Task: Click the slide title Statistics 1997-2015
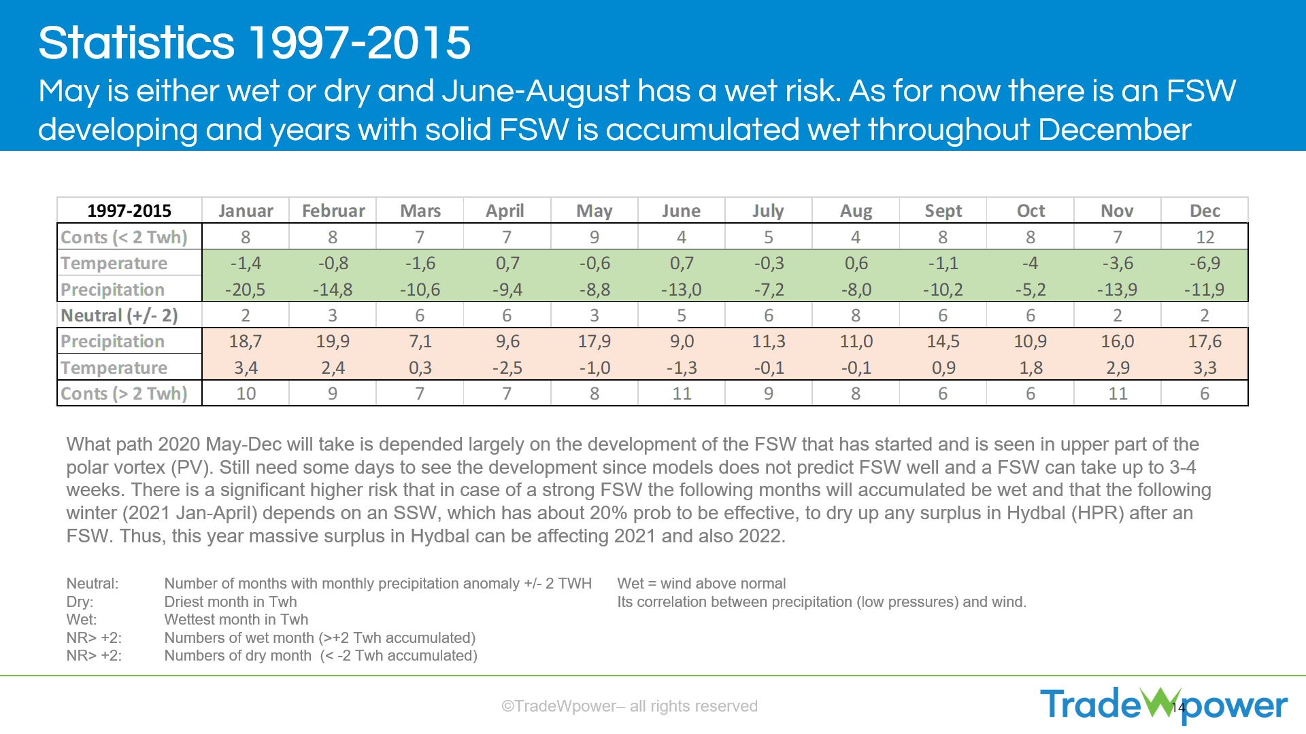tap(254, 43)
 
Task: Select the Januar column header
tap(246, 211)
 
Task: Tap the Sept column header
tap(943, 211)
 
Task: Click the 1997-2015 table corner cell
tap(129, 211)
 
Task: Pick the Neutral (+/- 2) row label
tap(119, 315)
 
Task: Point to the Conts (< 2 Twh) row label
tap(124, 237)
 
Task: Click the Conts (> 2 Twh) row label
tap(124, 394)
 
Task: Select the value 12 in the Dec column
tap(1205, 237)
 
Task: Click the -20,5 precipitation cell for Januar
tap(246, 290)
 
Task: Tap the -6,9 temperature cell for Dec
tap(1205, 263)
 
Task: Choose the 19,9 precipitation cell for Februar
tap(333, 341)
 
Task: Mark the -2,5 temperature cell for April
tap(507, 368)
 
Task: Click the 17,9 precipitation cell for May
tap(595, 341)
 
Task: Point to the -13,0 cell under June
tap(682, 290)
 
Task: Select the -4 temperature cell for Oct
tap(1030, 263)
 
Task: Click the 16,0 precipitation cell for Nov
tap(1118, 341)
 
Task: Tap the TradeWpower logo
tap(1163, 705)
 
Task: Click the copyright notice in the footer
tap(629, 706)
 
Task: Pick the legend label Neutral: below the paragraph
tap(93, 583)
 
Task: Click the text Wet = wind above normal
tap(701, 583)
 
